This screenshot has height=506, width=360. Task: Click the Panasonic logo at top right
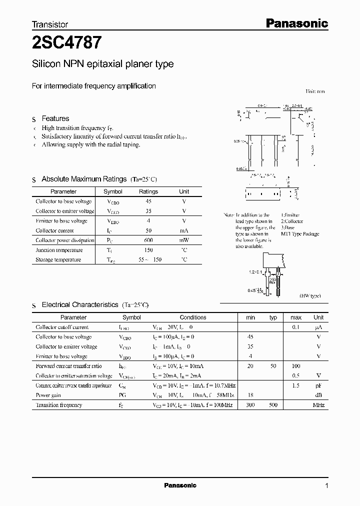point(296,23)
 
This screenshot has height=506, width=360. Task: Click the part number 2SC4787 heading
point(67,43)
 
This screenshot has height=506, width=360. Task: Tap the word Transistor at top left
point(50,24)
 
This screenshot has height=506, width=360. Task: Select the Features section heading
point(55,118)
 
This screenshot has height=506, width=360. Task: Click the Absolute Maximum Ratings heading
point(84,179)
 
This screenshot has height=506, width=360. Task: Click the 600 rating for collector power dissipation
point(148,240)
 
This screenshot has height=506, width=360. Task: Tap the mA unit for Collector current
point(184,230)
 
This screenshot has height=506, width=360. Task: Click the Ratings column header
point(148,191)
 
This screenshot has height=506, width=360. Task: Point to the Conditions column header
point(193,317)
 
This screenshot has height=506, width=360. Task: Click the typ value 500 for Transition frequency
point(273,405)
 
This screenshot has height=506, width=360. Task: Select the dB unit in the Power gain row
point(318,395)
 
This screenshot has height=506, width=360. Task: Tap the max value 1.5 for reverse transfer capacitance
point(296,385)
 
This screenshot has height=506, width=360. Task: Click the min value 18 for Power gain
point(250,395)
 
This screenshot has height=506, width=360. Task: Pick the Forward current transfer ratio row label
point(68,366)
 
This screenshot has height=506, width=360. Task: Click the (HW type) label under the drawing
point(310,296)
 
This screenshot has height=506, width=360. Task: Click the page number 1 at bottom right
point(326,486)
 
